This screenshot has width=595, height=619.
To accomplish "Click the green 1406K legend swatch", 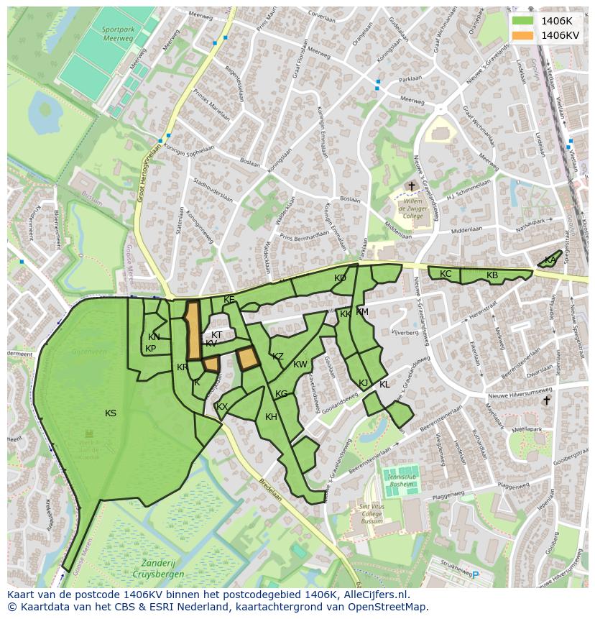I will coord(522,21).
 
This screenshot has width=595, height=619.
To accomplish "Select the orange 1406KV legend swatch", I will coord(522,35).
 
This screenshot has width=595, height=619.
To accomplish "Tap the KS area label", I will coord(111,413).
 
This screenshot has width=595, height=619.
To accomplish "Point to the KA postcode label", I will coord(550,260).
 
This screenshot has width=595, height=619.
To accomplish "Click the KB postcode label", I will coord(492,275).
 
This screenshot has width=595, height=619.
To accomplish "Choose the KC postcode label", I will coord(446,274).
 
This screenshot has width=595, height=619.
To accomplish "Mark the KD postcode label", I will coord(340,278).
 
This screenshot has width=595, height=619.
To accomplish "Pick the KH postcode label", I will coord(271,417).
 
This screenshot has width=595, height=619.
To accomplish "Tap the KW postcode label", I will coord(300,364).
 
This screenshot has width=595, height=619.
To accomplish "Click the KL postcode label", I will coord(384,385).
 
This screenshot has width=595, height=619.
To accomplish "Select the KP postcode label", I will coord(150,349).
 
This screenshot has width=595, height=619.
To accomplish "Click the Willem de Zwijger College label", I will coord(412,210).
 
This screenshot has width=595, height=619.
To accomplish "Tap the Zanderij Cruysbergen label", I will coord(158,569).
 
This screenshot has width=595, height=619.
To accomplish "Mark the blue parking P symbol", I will coord(475,574).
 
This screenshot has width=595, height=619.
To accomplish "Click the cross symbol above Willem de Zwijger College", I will coord(412,187).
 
